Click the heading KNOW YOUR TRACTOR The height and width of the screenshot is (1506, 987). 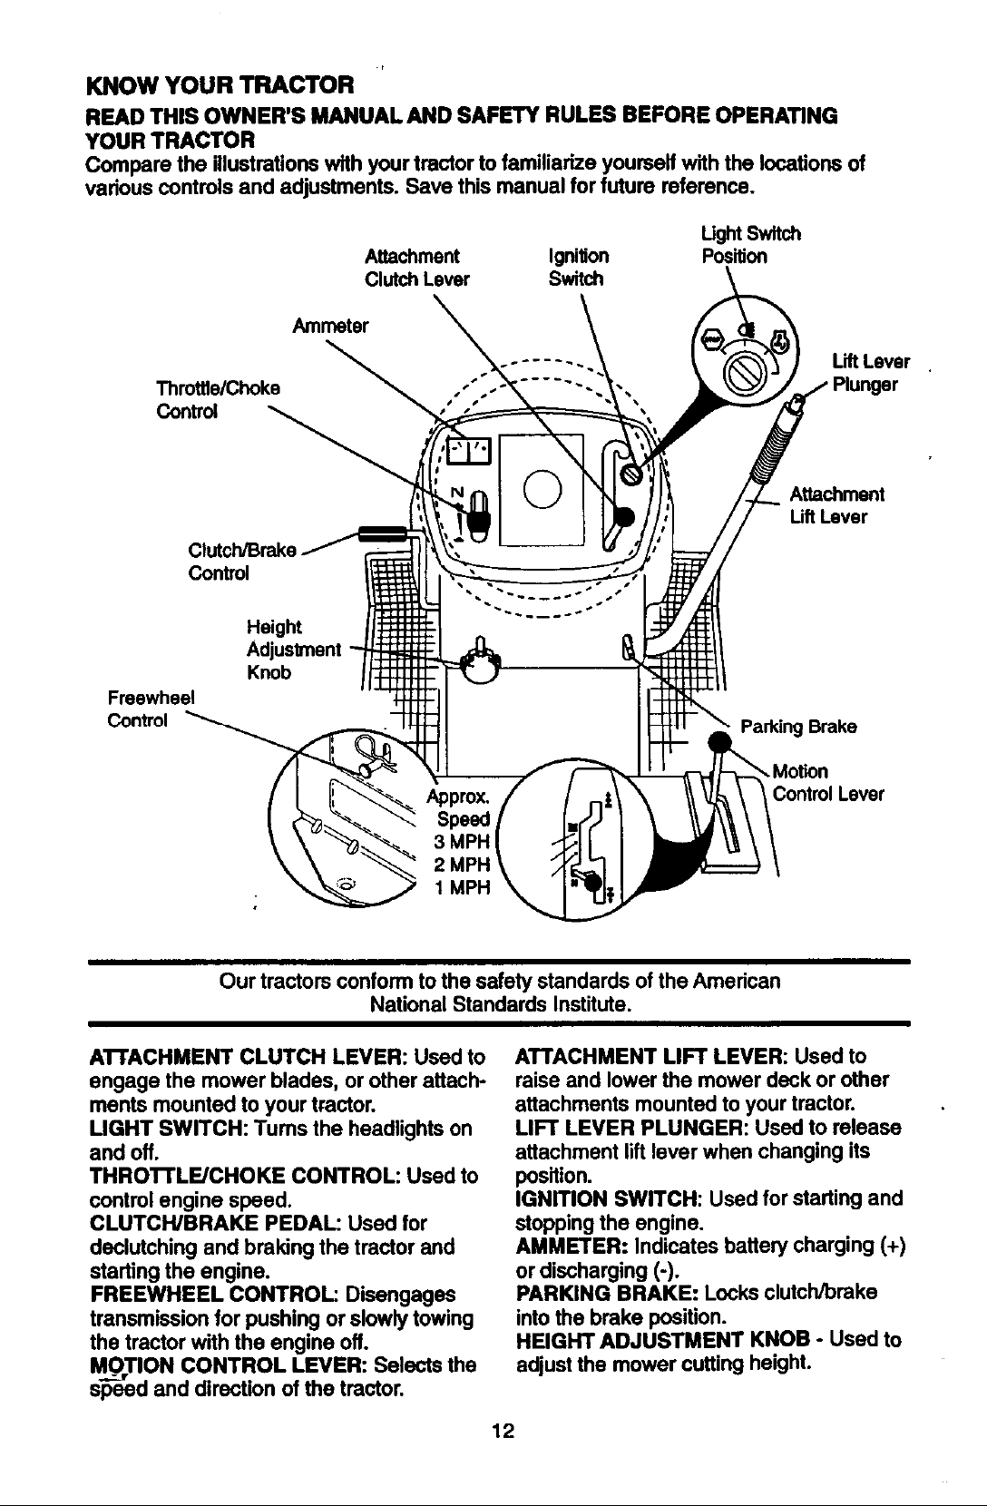point(220,85)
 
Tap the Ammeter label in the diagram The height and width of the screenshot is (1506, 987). point(330,326)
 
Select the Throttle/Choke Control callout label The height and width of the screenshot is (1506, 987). point(218,399)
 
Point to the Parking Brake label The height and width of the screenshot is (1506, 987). point(798,727)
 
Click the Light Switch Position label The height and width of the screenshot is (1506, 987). point(751,245)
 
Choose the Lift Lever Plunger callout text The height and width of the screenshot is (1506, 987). point(871,373)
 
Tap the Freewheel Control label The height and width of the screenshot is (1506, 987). point(151,709)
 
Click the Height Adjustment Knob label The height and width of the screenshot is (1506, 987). point(294,650)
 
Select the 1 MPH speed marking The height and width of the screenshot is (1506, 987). point(463,887)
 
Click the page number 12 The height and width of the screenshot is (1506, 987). point(503,1430)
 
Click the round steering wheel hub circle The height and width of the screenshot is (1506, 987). point(542,489)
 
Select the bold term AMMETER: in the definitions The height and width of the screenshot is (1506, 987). point(572,1245)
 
